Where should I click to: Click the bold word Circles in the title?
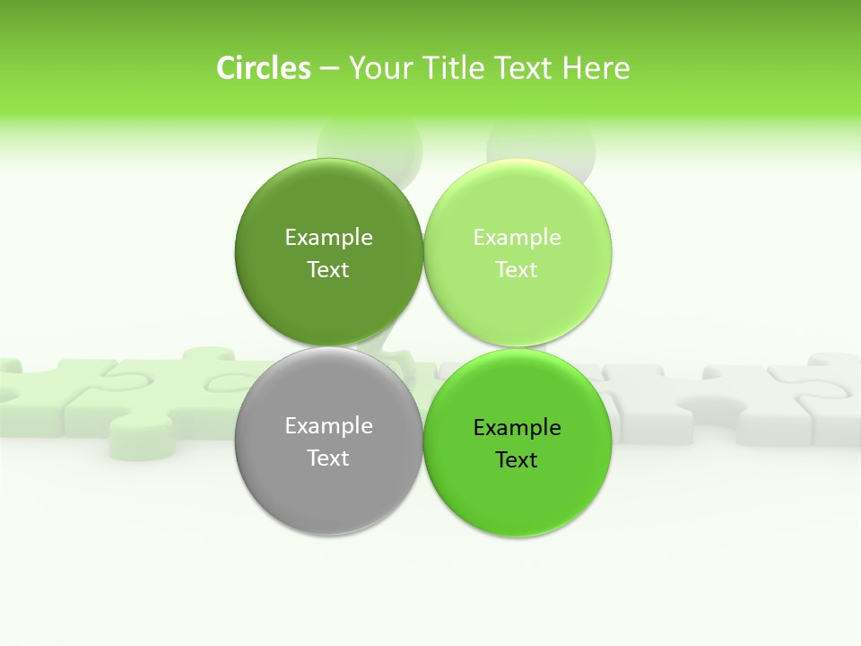(263, 68)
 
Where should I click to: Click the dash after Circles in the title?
(329, 69)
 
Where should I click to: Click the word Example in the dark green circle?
(328, 238)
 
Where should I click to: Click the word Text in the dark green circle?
(328, 270)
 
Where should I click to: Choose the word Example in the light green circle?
(517, 238)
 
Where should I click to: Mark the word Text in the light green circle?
(517, 270)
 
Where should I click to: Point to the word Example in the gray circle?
(328, 426)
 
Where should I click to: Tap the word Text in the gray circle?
(328, 458)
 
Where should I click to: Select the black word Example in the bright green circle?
(517, 428)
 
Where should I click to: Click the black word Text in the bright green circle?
(517, 460)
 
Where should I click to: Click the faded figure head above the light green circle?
(541, 144)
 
